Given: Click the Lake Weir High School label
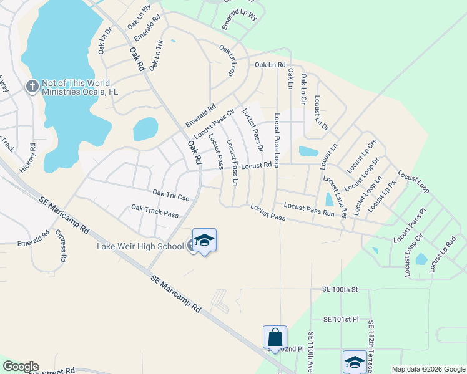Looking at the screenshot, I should tap(140, 246).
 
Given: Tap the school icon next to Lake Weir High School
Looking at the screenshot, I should tap(204, 241).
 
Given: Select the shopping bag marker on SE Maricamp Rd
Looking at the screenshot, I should tap(275, 338).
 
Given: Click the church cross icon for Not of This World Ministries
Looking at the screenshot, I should tap(32, 87).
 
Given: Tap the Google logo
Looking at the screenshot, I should tap(20, 367).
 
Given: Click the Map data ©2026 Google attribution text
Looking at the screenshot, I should tap(428, 369).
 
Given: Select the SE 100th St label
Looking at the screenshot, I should tap(340, 290).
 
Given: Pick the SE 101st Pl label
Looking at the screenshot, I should tap(341, 319).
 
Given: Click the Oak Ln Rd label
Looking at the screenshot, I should tap(270, 64).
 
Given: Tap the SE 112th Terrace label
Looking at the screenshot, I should tap(371, 347).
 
